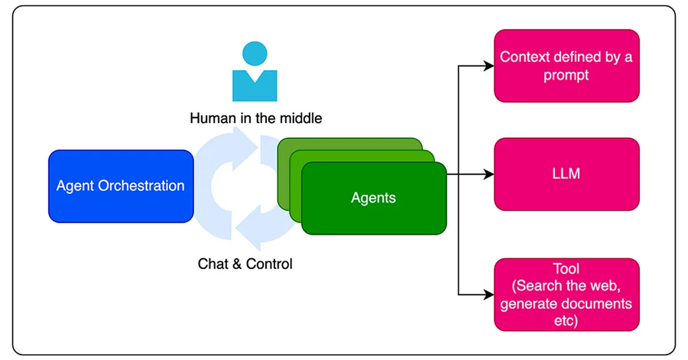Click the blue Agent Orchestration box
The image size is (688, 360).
point(120,186)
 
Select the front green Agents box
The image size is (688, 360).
point(373,198)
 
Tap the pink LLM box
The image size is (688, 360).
point(566,174)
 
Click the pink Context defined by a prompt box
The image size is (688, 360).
point(566,66)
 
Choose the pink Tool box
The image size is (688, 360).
point(566,294)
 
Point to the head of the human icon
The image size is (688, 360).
point(255,54)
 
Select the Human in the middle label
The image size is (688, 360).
point(256,119)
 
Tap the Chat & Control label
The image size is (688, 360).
point(245,264)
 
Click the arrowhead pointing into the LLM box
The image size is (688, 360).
point(488,174)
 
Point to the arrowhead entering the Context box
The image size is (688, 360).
point(488,66)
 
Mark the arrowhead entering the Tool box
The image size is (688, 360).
point(488,295)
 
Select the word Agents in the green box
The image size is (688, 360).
point(373,198)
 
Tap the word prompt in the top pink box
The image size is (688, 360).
point(566,75)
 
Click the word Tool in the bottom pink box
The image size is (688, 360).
point(566,269)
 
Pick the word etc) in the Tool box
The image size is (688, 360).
point(566,320)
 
